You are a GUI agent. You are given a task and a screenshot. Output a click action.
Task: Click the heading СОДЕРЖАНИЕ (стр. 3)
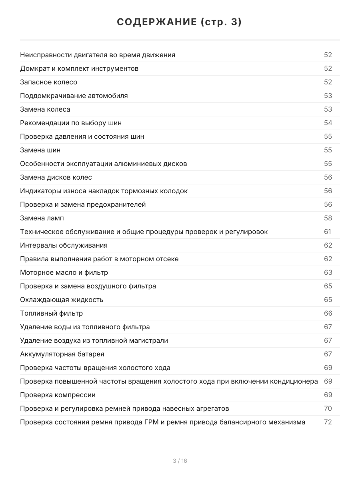coord(180,22)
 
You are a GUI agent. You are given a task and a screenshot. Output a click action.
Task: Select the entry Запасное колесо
coord(49,82)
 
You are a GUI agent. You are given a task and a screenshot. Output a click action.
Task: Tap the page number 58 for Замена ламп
coord(328,218)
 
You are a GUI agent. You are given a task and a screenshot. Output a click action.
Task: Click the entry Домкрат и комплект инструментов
coord(79,68)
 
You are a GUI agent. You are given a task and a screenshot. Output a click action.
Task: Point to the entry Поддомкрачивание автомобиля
coord(74,96)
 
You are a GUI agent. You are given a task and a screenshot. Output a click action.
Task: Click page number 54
coord(328,123)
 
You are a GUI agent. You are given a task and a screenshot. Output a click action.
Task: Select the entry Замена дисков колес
coord(56,177)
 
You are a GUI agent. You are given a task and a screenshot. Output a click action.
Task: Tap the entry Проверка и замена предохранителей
coord(83,204)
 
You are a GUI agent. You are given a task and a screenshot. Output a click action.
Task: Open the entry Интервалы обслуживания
coord(64,245)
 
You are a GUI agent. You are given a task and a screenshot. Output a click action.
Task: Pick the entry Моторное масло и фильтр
coord(64,272)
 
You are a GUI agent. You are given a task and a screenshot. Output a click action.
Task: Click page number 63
coord(328,272)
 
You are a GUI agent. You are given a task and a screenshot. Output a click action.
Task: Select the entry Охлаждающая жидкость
coord(62,300)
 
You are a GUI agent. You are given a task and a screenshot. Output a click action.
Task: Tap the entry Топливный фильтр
coord(52,313)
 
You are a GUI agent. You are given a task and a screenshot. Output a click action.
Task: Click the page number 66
coord(328,313)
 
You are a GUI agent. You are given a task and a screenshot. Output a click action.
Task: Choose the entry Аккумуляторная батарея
coord(62,354)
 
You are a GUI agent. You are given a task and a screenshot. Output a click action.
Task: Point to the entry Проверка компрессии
coord(58,395)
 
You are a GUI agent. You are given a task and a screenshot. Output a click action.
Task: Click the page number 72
coord(328,422)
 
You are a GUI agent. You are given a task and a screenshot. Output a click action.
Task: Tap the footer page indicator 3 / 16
coord(180,461)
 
